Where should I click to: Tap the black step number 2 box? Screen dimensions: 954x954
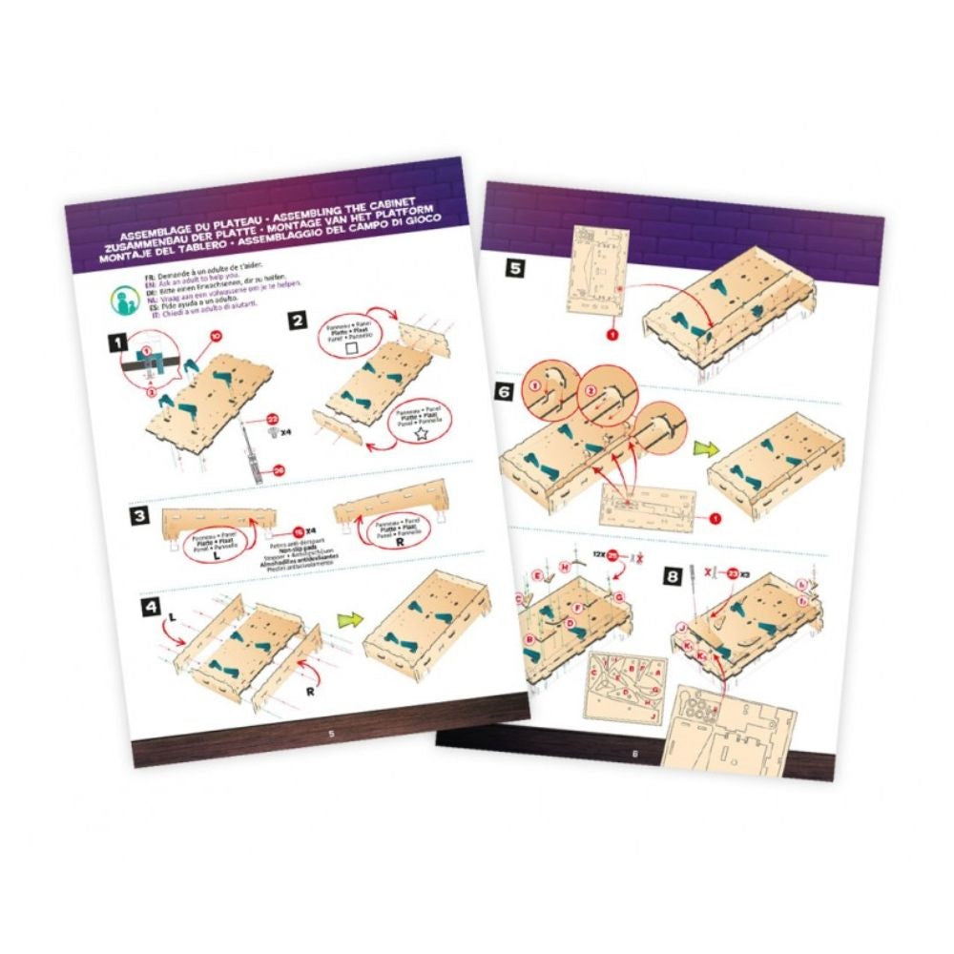(299, 321)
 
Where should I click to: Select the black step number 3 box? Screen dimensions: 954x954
(140, 517)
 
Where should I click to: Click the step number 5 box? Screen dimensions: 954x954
(515, 269)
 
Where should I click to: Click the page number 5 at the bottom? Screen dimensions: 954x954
(331, 733)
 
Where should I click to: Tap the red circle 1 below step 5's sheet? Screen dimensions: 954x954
(612, 335)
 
